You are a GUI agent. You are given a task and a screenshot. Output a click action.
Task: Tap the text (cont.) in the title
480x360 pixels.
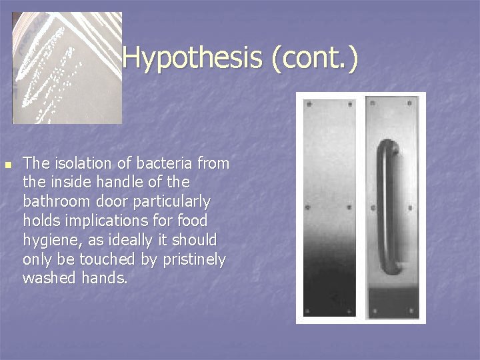(x=314, y=58)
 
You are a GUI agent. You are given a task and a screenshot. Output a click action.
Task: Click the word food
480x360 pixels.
(x=194, y=220)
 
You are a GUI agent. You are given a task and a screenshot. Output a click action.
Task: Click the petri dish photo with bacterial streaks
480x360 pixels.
(x=67, y=67)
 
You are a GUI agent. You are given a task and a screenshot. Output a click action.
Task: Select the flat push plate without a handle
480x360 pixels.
(x=329, y=207)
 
